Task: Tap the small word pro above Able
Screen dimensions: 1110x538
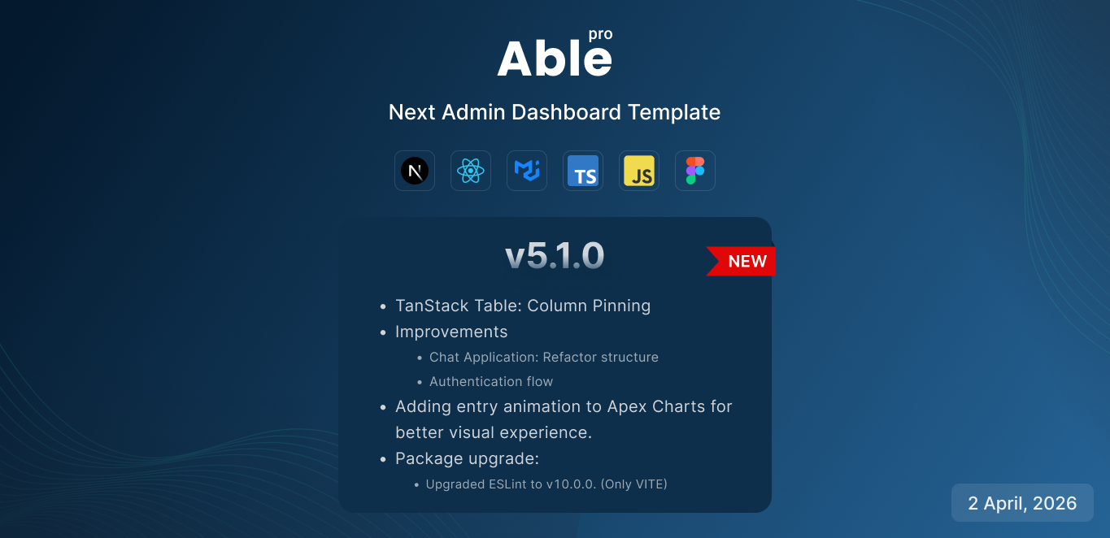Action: (601, 35)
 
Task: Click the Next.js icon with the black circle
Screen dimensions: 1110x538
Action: (415, 171)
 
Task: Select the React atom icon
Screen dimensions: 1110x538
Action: (471, 171)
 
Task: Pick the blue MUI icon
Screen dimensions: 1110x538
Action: (527, 171)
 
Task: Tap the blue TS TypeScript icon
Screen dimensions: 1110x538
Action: (583, 171)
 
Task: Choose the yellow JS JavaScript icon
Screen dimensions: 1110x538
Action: (639, 171)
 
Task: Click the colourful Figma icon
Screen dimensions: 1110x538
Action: (695, 171)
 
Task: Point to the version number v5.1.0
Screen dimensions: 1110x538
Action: (555, 256)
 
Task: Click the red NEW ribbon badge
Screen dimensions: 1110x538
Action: (742, 261)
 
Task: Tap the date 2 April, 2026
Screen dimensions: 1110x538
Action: (1022, 503)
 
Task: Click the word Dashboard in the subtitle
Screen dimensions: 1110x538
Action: (566, 112)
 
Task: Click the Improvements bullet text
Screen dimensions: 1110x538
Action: (451, 332)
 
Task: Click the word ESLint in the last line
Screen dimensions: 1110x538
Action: (507, 484)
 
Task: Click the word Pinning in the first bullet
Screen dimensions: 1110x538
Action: (621, 306)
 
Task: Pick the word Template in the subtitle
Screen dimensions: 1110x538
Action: (674, 113)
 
